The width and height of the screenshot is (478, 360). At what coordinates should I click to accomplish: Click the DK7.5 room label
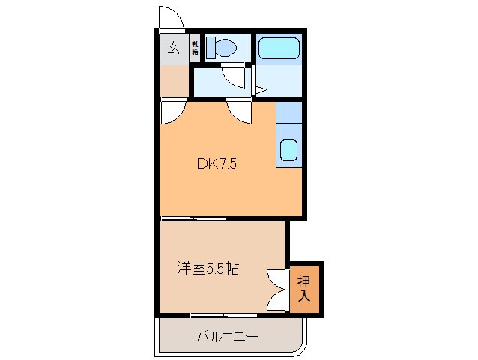(x=217, y=164)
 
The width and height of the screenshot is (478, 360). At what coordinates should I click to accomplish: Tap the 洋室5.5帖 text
(x=208, y=268)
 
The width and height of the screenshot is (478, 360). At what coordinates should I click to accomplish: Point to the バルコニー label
(x=227, y=337)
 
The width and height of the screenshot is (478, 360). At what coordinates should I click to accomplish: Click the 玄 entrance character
(x=173, y=49)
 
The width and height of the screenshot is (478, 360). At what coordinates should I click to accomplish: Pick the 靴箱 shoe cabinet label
(x=195, y=49)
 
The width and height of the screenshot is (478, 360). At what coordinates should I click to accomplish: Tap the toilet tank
(x=210, y=48)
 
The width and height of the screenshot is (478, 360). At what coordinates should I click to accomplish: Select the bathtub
(x=278, y=49)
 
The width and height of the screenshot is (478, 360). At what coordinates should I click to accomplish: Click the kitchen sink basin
(x=288, y=152)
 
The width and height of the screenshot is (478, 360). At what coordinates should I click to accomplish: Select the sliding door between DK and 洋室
(x=193, y=219)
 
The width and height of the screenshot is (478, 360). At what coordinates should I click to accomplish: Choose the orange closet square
(x=306, y=288)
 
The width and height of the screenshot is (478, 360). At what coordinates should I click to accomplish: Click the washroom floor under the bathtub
(x=278, y=80)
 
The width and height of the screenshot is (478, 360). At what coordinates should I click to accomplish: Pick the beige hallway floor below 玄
(x=173, y=81)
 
